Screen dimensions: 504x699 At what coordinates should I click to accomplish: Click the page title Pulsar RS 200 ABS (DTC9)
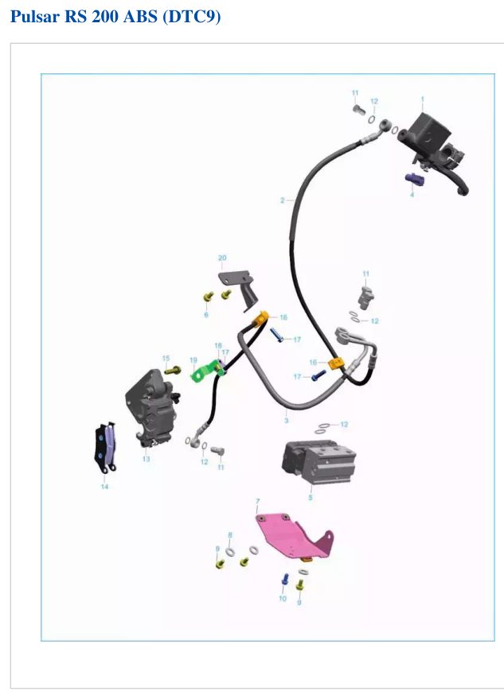(115, 17)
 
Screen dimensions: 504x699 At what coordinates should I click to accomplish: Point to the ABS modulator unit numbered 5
(318, 462)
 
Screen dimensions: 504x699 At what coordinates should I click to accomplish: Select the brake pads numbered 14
(106, 447)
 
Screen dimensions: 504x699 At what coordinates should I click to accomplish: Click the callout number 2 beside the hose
(282, 200)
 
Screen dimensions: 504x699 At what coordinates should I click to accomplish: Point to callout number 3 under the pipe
(286, 420)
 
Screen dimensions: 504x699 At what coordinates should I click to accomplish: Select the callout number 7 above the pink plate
(258, 502)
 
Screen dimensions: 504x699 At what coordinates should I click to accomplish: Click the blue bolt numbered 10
(285, 580)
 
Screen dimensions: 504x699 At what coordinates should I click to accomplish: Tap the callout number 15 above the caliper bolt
(166, 359)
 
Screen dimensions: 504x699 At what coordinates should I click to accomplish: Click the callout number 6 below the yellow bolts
(206, 314)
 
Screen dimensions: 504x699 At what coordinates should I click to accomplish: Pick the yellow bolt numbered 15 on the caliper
(172, 370)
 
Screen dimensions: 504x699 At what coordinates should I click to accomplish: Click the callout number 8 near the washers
(230, 535)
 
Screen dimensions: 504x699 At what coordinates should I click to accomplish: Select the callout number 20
(222, 258)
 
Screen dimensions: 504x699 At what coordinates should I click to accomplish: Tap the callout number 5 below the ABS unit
(311, 497)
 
